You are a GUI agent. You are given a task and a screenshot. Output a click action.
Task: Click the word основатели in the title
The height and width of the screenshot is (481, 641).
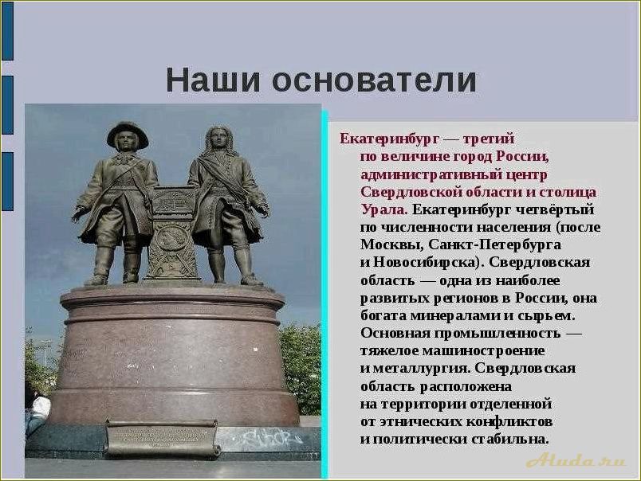(374, 80)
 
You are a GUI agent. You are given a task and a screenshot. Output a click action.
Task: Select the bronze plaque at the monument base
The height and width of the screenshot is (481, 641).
(162, 438)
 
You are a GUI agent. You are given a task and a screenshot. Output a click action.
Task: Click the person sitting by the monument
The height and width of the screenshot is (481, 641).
(36, 410)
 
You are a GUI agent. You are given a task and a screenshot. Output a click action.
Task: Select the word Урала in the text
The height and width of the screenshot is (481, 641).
(383, 209)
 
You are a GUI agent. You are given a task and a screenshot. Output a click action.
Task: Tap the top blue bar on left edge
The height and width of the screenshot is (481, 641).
(6, 31)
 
